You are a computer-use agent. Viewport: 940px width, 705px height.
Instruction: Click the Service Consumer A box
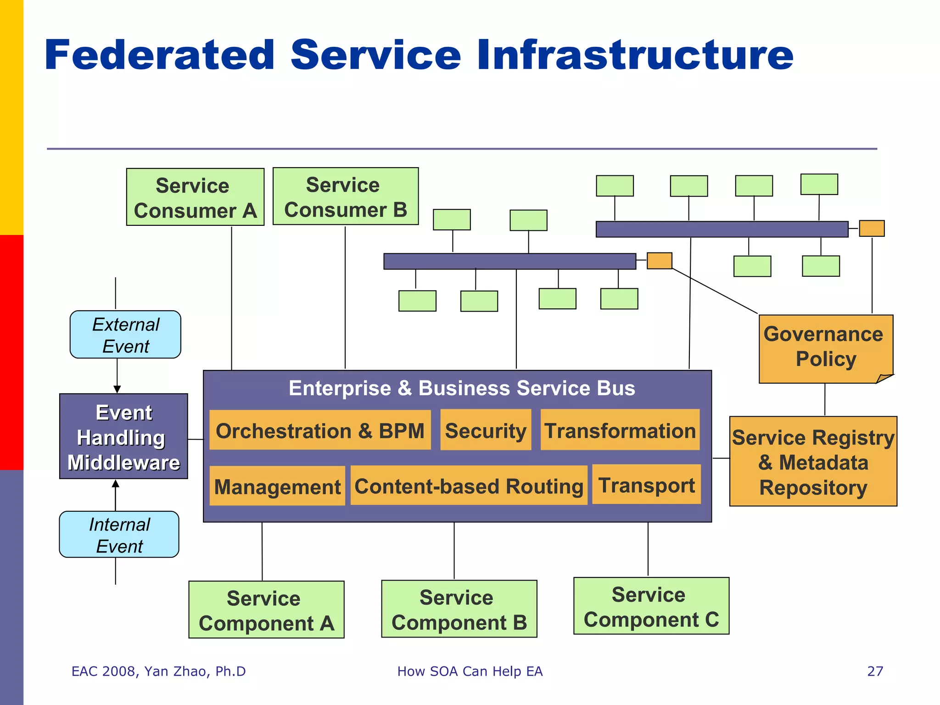[195, 197]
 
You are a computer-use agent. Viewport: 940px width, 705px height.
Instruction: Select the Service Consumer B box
[345, 196]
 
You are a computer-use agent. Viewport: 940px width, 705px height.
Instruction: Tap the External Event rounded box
[125, 335]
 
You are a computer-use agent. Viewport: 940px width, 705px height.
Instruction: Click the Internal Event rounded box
[119, 534]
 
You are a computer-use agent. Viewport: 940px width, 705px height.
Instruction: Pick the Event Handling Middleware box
[123, 436]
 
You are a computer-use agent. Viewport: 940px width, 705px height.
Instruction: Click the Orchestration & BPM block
[320, 430]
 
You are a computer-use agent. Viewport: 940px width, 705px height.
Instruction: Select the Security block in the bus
[486, 430]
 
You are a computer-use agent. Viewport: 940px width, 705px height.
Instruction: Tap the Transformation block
[620, 430]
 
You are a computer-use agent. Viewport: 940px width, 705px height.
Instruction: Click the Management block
[277, 486]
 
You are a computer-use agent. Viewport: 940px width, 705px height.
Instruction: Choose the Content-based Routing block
[469, 486]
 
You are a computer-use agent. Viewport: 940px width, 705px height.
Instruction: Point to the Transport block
[646, 484]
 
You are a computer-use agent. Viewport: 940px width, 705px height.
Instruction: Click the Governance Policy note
[825, 347]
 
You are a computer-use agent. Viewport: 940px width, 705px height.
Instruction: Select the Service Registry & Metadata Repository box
[813, 461]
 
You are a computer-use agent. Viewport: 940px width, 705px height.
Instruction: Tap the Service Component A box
[266, 610]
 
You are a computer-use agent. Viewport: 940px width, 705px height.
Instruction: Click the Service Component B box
[459, 609]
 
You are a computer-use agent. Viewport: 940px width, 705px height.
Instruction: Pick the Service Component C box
[651, 606]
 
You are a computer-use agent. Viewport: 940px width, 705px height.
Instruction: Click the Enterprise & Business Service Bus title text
[461, 388]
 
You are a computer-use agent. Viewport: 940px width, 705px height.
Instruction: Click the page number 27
[875, 671]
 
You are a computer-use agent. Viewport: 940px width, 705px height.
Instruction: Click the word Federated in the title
[159, 55]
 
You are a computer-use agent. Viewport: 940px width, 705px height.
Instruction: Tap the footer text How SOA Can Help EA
[470, 671]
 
